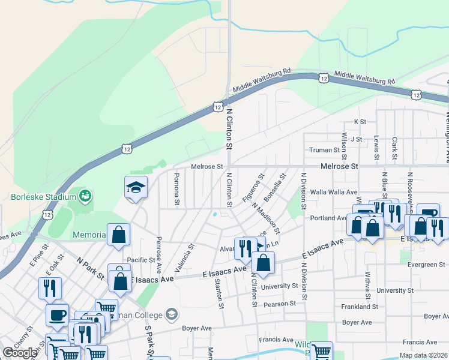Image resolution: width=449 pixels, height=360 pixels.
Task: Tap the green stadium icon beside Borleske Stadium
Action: (x=86, y=196)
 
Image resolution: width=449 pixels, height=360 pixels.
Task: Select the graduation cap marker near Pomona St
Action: (x=136, y=187)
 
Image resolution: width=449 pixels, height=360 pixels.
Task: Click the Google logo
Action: (x=20, y=353)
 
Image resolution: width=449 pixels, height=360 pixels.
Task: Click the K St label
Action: (x=360, y=122)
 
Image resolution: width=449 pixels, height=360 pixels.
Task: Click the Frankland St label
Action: (x=361, y=306)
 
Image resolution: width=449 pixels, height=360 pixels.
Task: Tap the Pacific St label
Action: (x=141, y=260)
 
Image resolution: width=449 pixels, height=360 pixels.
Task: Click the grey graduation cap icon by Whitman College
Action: (x=172, y=314)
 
